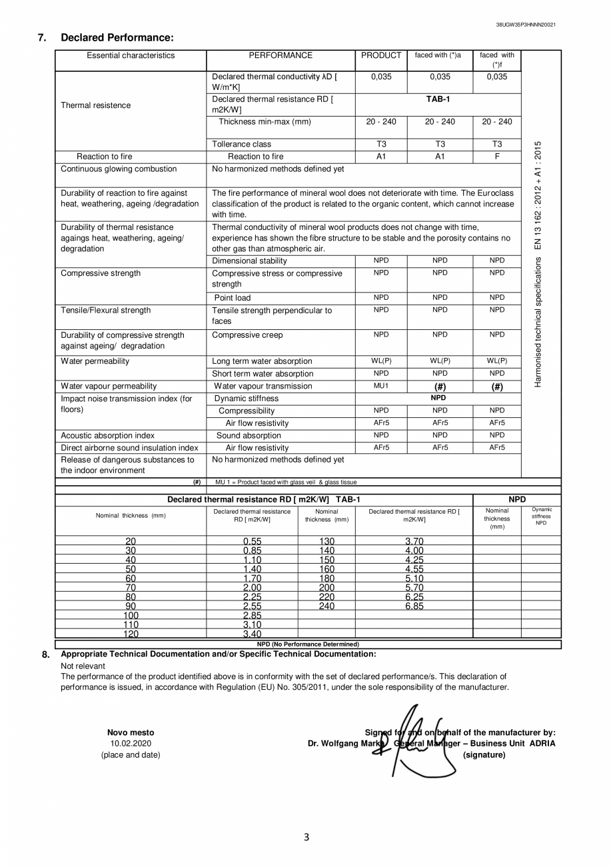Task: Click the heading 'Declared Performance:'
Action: point(117,37)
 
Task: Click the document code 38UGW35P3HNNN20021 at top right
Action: point(526,25)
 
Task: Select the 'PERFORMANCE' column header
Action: point(281,56)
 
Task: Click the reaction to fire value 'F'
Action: point(497,157)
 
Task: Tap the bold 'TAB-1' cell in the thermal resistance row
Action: point(438,99)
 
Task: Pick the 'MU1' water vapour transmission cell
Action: point(381,386)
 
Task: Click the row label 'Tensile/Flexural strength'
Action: point(105,311)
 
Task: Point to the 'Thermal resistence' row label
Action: point(95,105)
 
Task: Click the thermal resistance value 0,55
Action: point(252,541)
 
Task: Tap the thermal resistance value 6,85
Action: point(414,606)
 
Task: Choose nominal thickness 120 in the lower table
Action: point(131,634)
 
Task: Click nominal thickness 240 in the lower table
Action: point(326,606)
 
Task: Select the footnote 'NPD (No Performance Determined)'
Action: point(308,644)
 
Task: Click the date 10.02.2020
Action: point(131,744)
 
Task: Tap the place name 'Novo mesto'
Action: point(131,733)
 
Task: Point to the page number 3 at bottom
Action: point(306,838)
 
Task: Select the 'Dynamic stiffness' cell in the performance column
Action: point(247,399)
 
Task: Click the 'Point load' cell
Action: point(233,298)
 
